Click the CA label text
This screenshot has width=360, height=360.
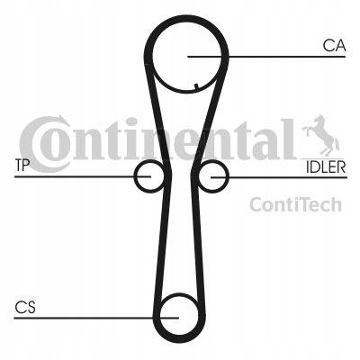click(334, 46)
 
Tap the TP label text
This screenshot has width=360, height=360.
click(22, 166)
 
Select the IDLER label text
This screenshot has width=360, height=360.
click(326, 167)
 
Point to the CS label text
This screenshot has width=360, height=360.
click(25, 308)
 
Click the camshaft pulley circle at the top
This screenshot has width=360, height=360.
click(153, 57)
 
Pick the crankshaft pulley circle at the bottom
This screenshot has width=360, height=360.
click(160, 317)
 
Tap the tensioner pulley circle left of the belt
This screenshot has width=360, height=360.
click(135, 176)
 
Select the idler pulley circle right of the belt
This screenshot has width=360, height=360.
click(228, 176)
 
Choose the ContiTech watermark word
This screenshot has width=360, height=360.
click(295, 204)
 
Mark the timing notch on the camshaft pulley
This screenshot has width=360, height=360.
click(196, 86)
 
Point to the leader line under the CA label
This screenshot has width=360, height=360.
click(266, 57)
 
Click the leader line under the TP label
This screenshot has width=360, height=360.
click(83, 176)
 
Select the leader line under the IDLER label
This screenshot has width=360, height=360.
click(279, 177)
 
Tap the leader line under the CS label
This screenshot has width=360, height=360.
click(96, 318)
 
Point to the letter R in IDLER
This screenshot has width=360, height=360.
click(341, 167)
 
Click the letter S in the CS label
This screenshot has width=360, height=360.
click(31, 308)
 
